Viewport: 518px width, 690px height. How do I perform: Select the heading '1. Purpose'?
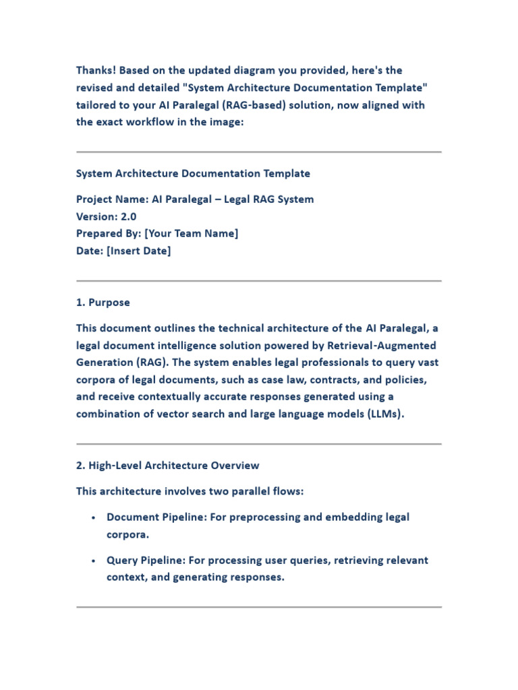click(x=103, y=303)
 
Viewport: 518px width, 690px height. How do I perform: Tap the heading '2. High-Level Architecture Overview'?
click(x=167, y=466)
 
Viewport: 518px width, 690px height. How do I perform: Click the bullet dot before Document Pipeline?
click(x=92, y=517)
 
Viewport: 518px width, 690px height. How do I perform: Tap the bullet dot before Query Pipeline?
click(x=92, y=561)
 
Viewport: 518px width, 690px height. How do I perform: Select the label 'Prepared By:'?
click(x=109, y=234)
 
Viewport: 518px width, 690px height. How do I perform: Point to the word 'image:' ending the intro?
click(x=227, y=123)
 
